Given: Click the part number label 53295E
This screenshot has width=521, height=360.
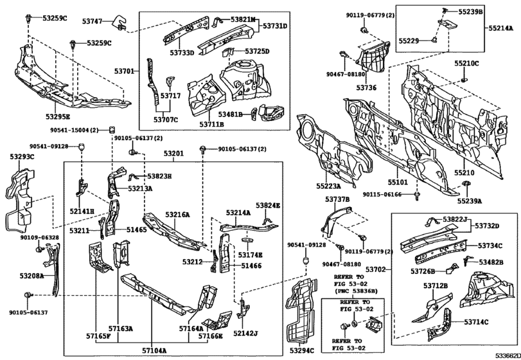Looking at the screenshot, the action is coord(58,116).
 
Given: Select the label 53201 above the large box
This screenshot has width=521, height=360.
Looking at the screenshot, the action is coord(173,154).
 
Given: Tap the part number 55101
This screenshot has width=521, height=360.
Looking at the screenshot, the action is coord(398,182).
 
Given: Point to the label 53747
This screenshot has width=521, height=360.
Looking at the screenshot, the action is coord(92,21).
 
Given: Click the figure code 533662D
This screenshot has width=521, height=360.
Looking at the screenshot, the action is coord(508,355).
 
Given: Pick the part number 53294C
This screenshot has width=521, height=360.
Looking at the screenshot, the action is coord(301,350).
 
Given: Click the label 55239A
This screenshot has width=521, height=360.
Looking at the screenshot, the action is coord(469,201).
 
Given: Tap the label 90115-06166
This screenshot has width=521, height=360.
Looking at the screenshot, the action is coord(382,194).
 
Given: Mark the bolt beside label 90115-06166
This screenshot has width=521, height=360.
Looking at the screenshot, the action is coord(416,196).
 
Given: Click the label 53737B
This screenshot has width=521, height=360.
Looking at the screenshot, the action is coord(337,199).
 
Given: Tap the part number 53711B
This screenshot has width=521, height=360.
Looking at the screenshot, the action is coord(211,124).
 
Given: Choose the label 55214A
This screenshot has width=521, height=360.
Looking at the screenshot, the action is coord(500,28).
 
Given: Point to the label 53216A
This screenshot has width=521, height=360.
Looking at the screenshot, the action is coord(177,215).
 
